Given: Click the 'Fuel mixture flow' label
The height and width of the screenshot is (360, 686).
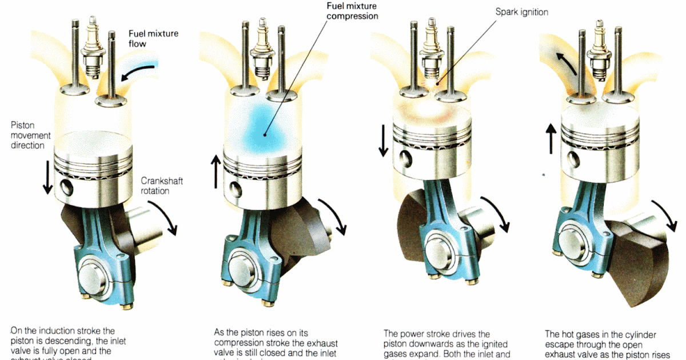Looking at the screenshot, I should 153,38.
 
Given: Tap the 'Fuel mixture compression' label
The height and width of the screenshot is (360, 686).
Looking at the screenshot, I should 352,11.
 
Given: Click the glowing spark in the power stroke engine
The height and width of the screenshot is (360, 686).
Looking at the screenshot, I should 432,84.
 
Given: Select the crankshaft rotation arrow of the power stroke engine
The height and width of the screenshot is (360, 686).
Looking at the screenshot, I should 495,214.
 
